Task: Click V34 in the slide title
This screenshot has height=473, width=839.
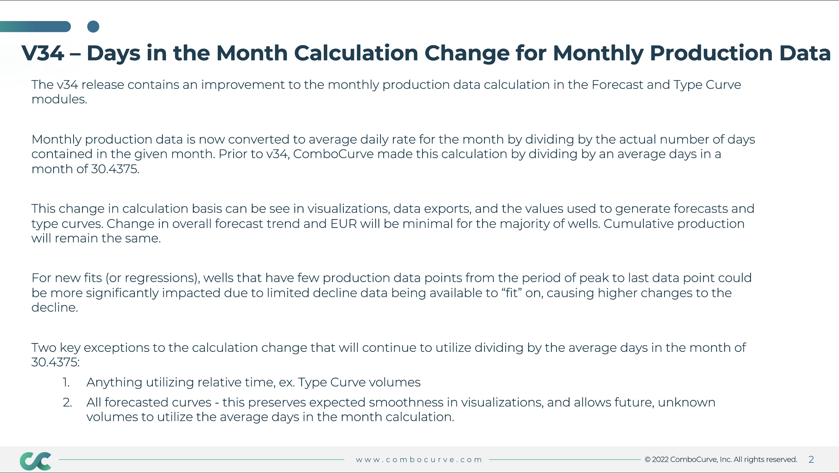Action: tap(43, 53)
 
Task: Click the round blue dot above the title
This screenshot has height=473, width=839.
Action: tap(93, 27)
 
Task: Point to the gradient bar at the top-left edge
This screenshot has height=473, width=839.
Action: tap(35, 27)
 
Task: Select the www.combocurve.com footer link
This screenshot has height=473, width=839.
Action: tap(419, 460)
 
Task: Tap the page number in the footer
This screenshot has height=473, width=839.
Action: tap(811, 459)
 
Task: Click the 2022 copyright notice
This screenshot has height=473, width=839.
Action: tap(721, 459)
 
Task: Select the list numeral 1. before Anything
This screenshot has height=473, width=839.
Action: tap(66, 382)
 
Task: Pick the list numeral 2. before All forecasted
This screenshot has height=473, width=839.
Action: tap(67, 402)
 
